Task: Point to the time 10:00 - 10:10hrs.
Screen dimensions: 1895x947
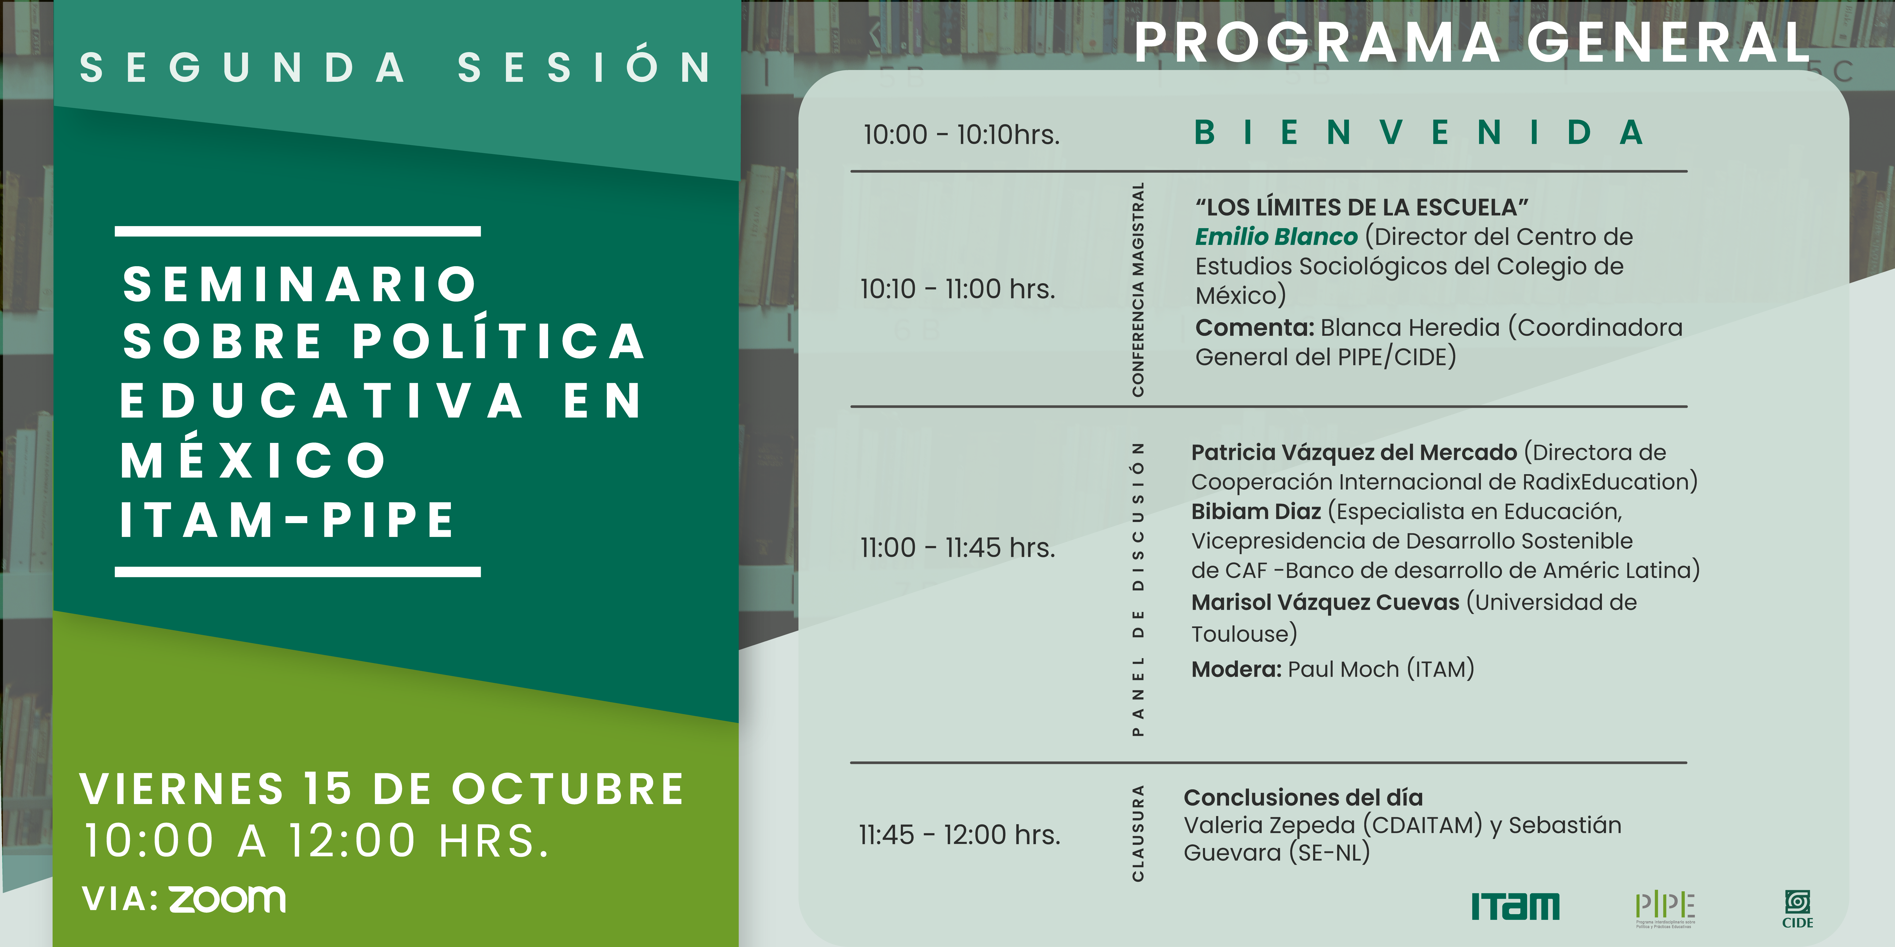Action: click(x=962, y=135)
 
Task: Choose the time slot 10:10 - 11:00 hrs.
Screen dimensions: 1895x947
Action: click(x=958, y=289)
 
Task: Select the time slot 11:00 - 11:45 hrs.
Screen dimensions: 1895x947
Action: click(x=958, y=548)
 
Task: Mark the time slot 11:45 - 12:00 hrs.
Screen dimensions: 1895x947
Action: click(x=959, y=834)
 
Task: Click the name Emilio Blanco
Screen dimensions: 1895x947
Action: click(x=1276, y=237)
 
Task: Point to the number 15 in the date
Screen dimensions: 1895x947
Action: click(x=328, y=789)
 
